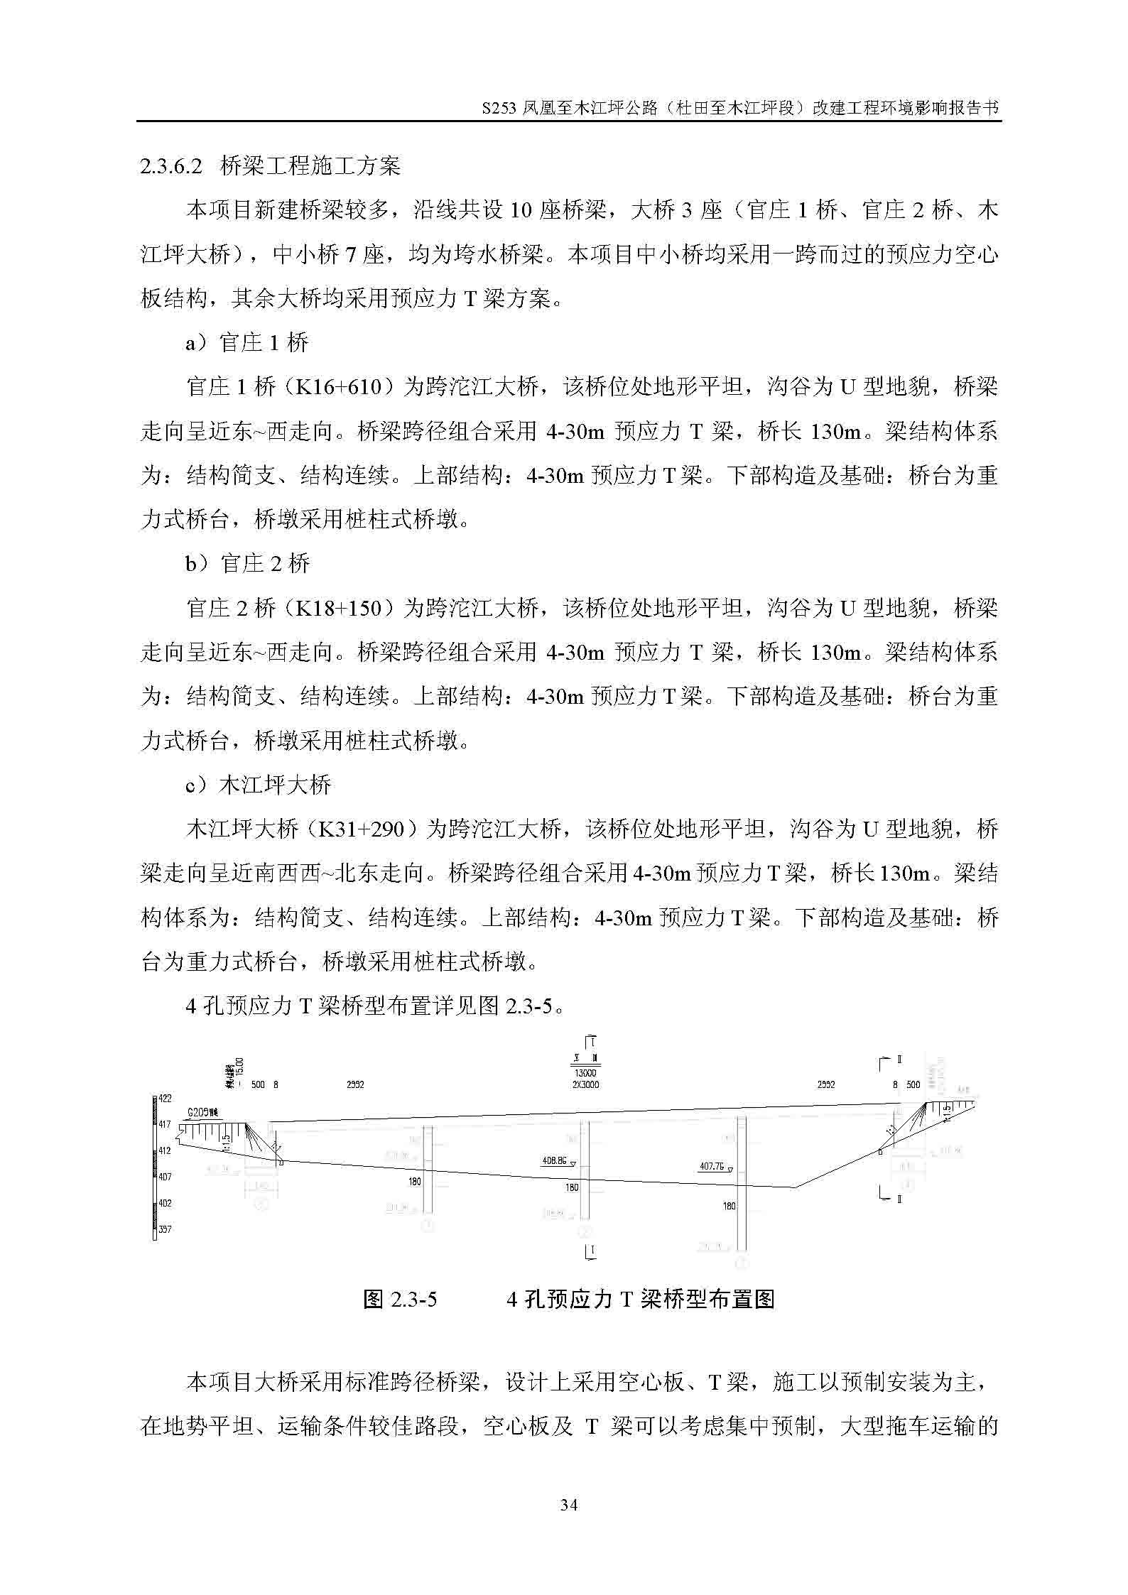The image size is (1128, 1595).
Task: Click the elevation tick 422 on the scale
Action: coord(165,1099)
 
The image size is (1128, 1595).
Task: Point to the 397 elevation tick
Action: coord(165,1229)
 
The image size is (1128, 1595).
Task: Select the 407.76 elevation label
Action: coord(712,1166)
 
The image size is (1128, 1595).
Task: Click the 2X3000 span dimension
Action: coord(585,1085)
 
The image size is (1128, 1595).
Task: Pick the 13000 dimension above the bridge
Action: coord(585,1074)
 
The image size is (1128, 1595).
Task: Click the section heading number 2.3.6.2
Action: coord(171,166)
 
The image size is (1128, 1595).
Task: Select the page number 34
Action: coord(568,1505)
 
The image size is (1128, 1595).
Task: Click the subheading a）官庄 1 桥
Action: coord(247,343)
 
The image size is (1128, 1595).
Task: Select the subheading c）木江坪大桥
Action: coord(259,785)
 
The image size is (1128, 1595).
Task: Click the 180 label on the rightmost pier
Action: coord(729,1207)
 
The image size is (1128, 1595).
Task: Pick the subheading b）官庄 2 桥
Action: coord(248,564)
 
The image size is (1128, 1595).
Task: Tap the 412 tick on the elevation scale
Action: coord(165,1150)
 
